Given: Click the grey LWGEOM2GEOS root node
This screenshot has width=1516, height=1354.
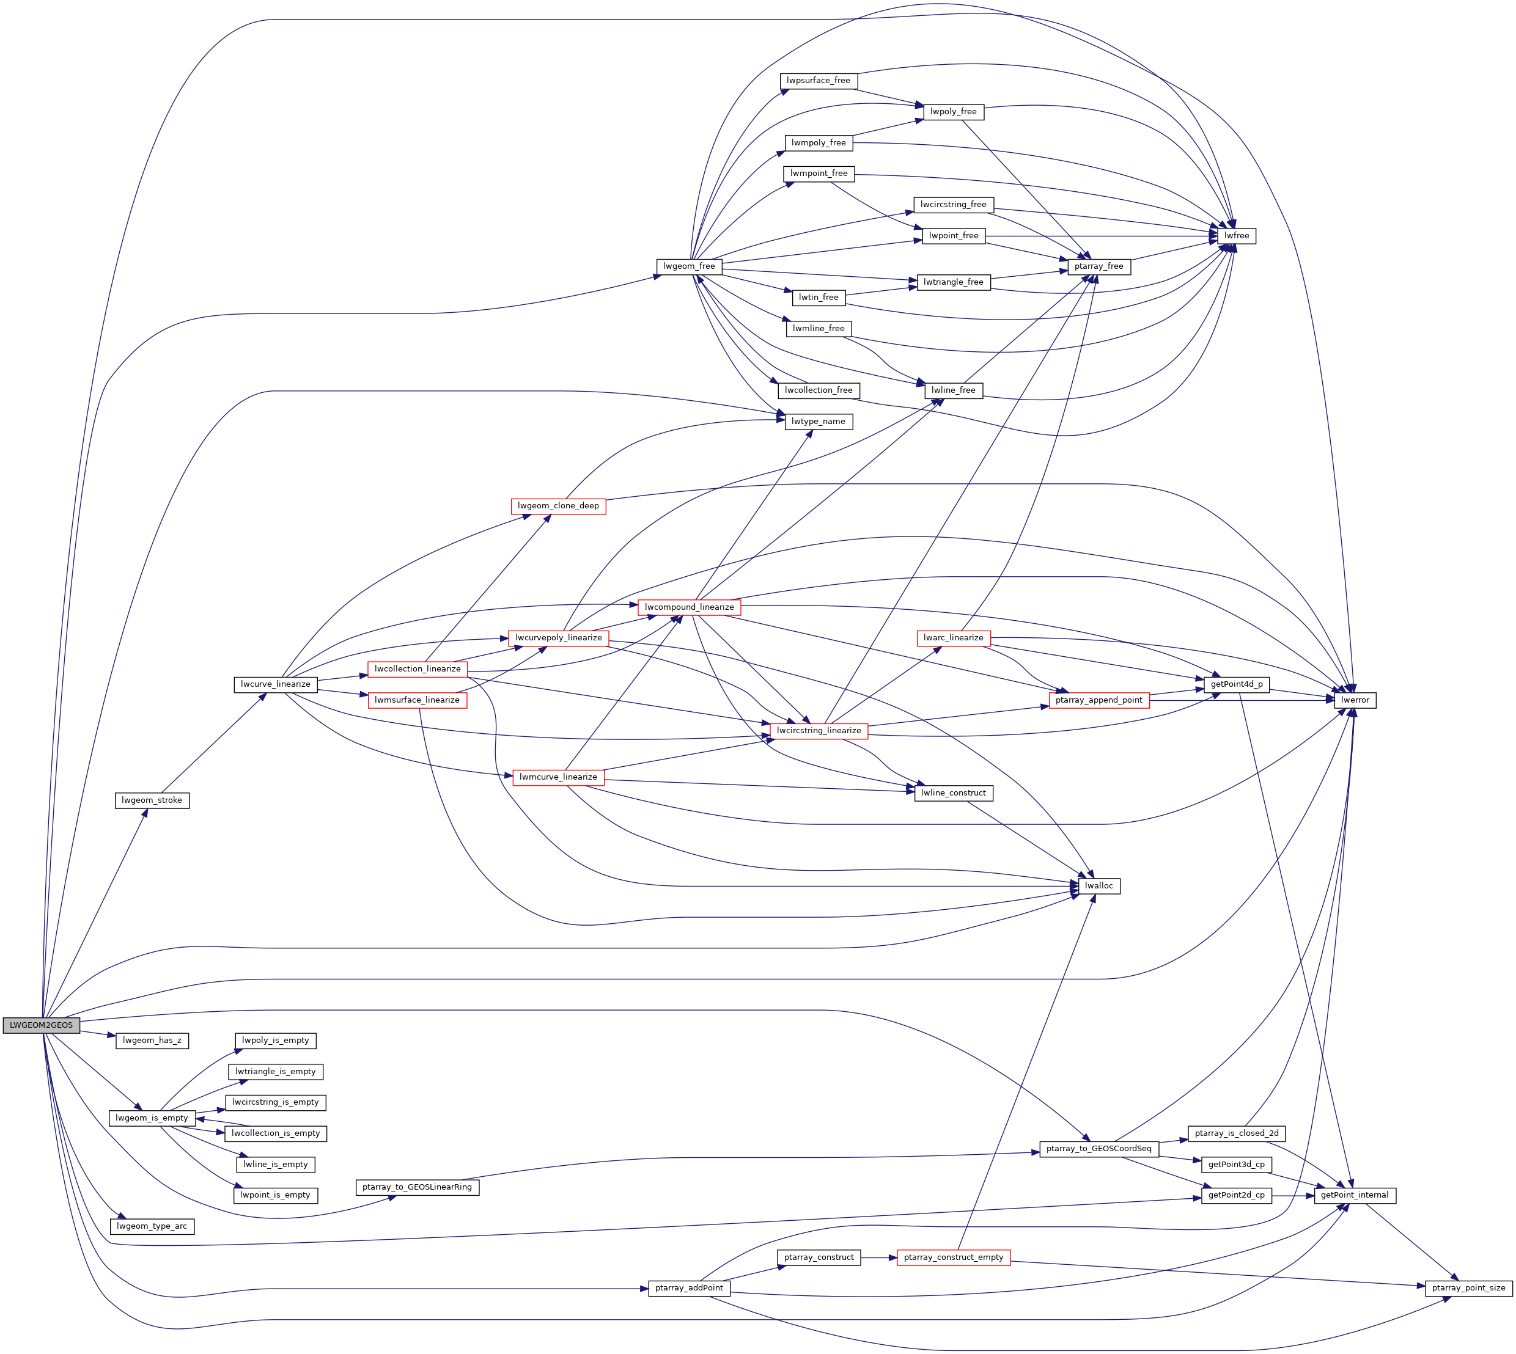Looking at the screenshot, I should [x=41, y=1025].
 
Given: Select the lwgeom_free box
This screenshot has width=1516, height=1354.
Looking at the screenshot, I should [x=688, y=266].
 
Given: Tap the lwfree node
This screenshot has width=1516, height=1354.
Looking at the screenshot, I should [x=1236, y=236].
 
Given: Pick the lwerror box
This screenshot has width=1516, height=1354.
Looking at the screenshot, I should [x=1355, y=700].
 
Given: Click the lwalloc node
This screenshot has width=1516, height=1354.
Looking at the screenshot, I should [x=1098, y=886].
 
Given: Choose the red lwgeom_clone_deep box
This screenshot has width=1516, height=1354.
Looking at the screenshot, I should [x=557, y=506].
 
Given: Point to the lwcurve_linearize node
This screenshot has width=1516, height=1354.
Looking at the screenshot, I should [x=275, y=684].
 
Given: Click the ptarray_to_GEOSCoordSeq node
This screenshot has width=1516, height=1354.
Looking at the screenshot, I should [x=1098, y=1149].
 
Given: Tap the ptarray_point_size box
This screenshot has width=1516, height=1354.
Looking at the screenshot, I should [x=1468, y=1288].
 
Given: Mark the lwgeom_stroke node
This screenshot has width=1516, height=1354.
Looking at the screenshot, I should [x=152, y=800].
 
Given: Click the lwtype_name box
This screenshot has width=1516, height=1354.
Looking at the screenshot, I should [x=818, y=421].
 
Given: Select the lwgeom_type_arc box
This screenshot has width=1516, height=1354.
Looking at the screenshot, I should [x=152, y=1226].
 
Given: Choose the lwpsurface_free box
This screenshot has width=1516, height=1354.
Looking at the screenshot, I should [x=818, y=80].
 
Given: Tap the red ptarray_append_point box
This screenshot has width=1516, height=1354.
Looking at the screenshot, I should [x=1098, y=700].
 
